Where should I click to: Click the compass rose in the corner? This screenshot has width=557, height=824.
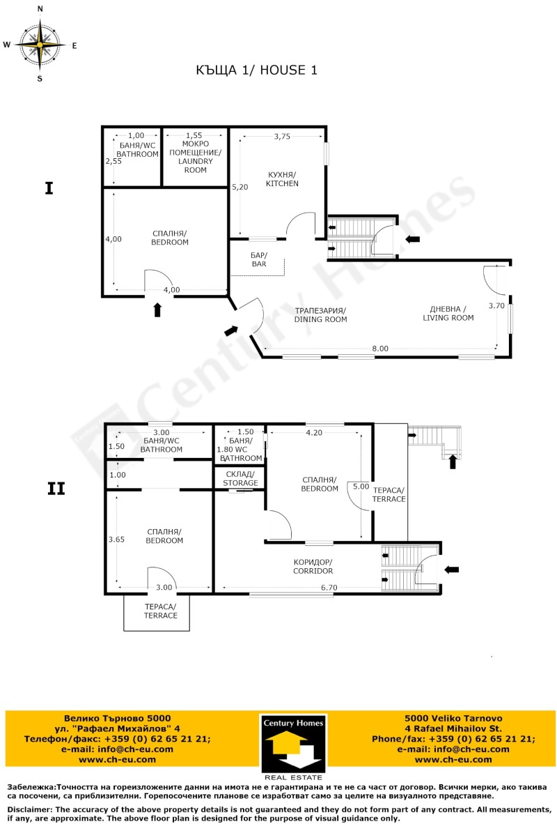tap(40, 44)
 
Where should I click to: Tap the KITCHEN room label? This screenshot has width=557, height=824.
tap(281, 179)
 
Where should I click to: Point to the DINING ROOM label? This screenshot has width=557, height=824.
tap(320, 314)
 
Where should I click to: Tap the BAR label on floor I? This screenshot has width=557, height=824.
tap(258, 260)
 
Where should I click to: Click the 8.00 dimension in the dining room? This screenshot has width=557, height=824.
tap(379, 348)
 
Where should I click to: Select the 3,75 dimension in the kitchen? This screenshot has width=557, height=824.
tap(282, 137)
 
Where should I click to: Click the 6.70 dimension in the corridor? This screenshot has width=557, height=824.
tap(329, 588)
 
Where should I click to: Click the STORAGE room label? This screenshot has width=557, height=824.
tap(240, 479)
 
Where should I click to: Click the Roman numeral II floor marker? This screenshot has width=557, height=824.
tap(56, 489)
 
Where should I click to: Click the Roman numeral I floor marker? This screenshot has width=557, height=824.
tap(49, 188)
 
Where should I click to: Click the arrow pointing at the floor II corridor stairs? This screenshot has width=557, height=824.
tap(452, 570)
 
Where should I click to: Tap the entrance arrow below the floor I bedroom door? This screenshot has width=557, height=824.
tap(157, 310)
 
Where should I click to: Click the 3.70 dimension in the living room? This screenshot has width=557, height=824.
tap(496, 305)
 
